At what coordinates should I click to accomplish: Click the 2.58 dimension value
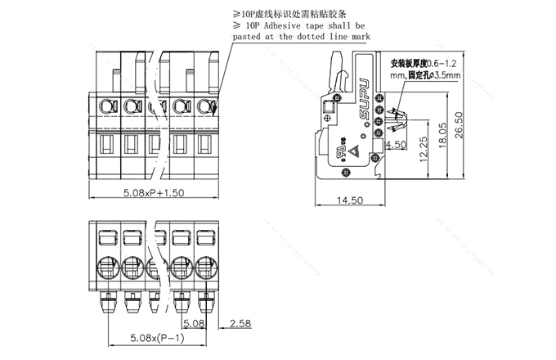click(240, 324)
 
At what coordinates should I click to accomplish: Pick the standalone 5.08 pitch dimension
click(194, 324)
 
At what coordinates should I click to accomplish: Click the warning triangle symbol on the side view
click(356, 150)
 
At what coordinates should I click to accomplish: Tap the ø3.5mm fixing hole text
click(443, 74)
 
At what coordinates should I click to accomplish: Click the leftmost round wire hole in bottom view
click(106, 267)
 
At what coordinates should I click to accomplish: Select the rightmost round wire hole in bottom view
click(208, 267)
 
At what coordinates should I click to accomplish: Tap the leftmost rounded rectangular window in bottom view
click(106, 238)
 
